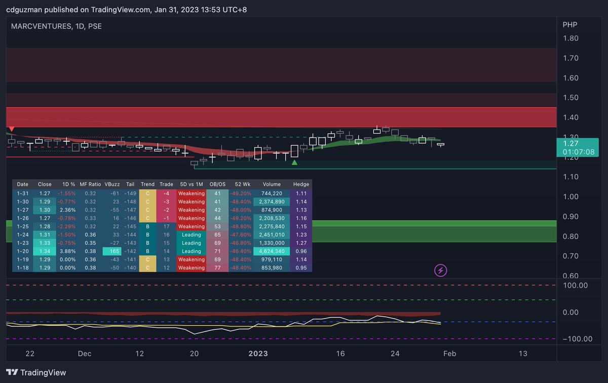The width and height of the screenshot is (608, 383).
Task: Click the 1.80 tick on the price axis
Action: (x=571, y=38)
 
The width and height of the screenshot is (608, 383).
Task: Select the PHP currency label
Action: (x=570, y=24)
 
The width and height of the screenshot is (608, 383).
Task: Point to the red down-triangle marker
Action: (x=12, y=130)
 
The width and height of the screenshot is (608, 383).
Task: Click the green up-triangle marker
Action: (x=294, y=162)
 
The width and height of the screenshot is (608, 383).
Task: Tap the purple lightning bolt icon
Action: (x=441, y=270)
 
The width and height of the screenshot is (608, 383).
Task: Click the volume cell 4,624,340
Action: (x=272, y=251)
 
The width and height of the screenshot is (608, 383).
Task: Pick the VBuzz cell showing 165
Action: (x=112, y=251)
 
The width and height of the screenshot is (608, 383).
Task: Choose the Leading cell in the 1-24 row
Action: (x=192, y=235)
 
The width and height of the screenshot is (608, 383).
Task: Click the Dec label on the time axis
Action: (x=84, y=354)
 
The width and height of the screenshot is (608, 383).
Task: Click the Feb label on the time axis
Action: (x=449, y=354)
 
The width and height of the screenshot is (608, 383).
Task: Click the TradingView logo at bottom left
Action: (x=36, y=372)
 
